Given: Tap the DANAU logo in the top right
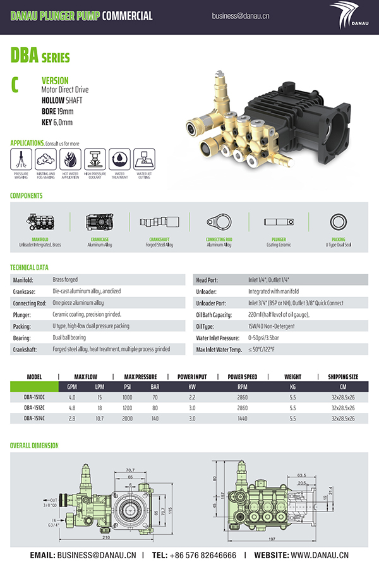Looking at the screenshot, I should click(x=349, y=16).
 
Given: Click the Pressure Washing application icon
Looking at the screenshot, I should click(x=21, y=158).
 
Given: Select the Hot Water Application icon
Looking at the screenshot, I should click(x=70, y=158).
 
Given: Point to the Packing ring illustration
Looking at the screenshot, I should click(x=338, y=222).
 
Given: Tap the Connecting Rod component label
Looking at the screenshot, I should click(x=219, y=240).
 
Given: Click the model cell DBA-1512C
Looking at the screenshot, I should click(x=34, y=408).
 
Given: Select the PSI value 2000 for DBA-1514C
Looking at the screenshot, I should click(x=127, y=418).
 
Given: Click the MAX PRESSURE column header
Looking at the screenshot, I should click(x=140, y=377).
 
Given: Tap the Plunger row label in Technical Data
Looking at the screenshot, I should click(x=23, y=314).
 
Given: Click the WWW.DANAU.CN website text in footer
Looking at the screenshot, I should click(x=320, y=555).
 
